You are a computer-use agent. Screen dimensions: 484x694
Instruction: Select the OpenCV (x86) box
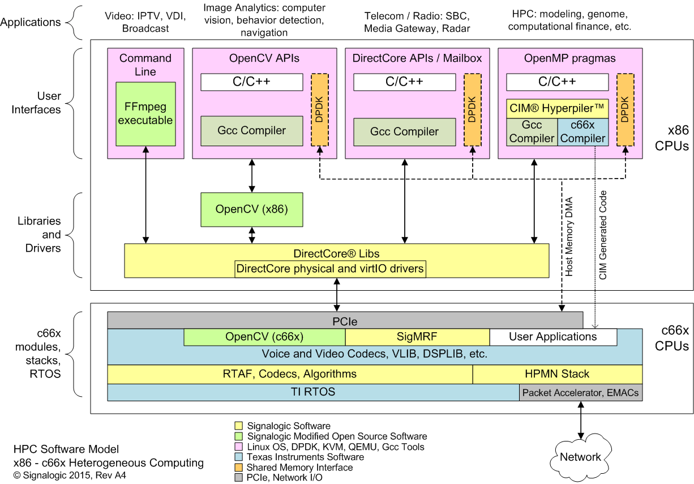pyautogui.click(x=251, y=209)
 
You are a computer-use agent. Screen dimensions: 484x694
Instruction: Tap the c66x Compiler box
pyautogui.click(x=582, y=132)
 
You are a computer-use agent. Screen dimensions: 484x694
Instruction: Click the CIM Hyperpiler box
pyautogui.click(x=557, y=108)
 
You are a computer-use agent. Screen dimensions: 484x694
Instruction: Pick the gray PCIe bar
pyautogui.click(x=345, y=320)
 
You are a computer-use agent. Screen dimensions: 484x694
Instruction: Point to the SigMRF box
pyautogui.click(x=417, y=337)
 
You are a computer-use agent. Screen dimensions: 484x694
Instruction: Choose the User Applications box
pyautogui.click(x=552, y=337)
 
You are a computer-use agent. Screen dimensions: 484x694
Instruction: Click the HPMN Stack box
pyautogui.click(x=557, y=374)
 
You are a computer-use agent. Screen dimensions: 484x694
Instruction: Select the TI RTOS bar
pyautogui.click(x=312, y=392)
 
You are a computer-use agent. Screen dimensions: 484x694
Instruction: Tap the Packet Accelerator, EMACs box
pyautogui.click(x=581, y=393)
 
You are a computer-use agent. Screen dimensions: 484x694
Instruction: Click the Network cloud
pyautogui.click(x=580, y=457)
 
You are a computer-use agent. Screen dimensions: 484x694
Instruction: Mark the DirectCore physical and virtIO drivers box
pyautogui.click(x=330, y=269)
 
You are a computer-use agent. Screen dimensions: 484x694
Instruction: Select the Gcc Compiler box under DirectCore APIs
pyautogui.click(x=404, y=132)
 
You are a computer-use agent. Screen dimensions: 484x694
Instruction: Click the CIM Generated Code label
pyautogui.click(x=603, y=235)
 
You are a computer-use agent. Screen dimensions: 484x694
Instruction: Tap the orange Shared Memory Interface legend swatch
pyautogui.click(x=239, y=468)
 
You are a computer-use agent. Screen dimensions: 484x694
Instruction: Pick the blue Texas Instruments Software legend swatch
pyautogui.click(x=239, y=457)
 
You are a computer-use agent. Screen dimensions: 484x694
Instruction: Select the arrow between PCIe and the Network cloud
pyautogui.click(x=580, y=420)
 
